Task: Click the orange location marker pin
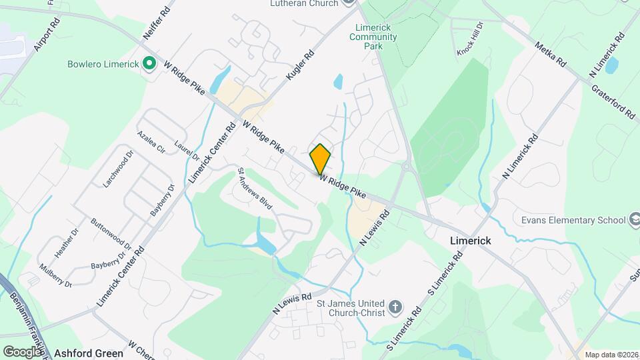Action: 321,159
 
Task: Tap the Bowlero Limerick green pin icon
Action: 150,65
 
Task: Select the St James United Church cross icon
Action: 395,307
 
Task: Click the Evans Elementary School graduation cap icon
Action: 635,219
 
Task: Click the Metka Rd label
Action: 551,55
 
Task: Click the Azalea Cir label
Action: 151,140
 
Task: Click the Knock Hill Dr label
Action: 469,43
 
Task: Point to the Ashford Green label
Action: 89,353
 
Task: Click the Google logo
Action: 22,351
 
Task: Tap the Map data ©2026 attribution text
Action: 609,354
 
